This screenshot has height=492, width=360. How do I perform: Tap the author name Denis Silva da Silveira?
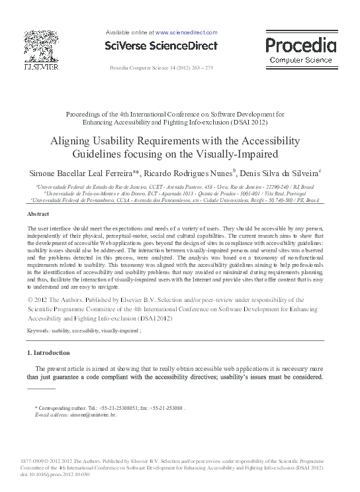pos(279,172)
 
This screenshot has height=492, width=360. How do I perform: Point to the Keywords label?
pos(40,329)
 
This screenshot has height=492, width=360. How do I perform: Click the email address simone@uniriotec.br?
pos(97,413)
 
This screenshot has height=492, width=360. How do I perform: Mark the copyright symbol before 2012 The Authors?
pos(30,301)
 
